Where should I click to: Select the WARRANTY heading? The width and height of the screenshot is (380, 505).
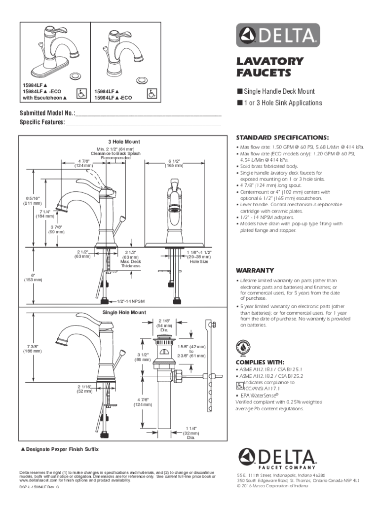[x=255, y=271]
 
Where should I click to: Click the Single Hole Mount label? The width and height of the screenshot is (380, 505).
[x=121, y=313]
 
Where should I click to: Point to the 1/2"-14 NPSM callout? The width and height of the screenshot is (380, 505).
[x=130, y=301]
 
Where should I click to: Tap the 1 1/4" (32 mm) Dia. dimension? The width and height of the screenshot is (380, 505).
[x=190, y=433]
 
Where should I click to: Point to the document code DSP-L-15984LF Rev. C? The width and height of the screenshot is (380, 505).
[x=39, y=487]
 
